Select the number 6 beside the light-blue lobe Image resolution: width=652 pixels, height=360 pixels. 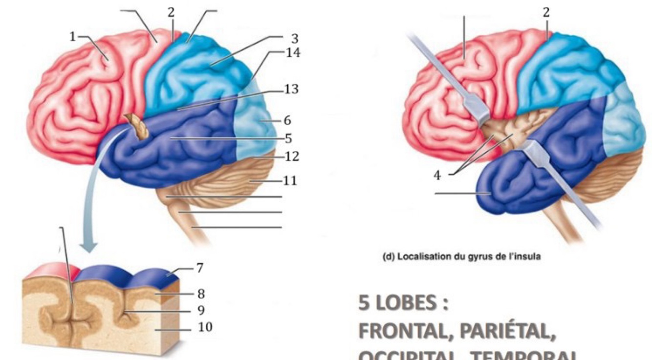[x=288, y=119]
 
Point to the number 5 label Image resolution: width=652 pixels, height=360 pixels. [x=288, y=139]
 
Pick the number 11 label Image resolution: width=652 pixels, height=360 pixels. [x=290, y=181]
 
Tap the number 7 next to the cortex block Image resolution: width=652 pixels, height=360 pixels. [x=199, y=268]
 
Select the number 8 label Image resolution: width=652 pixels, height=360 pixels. [x=200, y=294]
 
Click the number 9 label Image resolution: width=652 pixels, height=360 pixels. [x=200, y=310]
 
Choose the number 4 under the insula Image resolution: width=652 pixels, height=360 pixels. [x=438, y=176]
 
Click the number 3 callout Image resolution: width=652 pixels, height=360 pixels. [x=294, y=38]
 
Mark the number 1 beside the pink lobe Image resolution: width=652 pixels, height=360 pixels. [x=73, y=37]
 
